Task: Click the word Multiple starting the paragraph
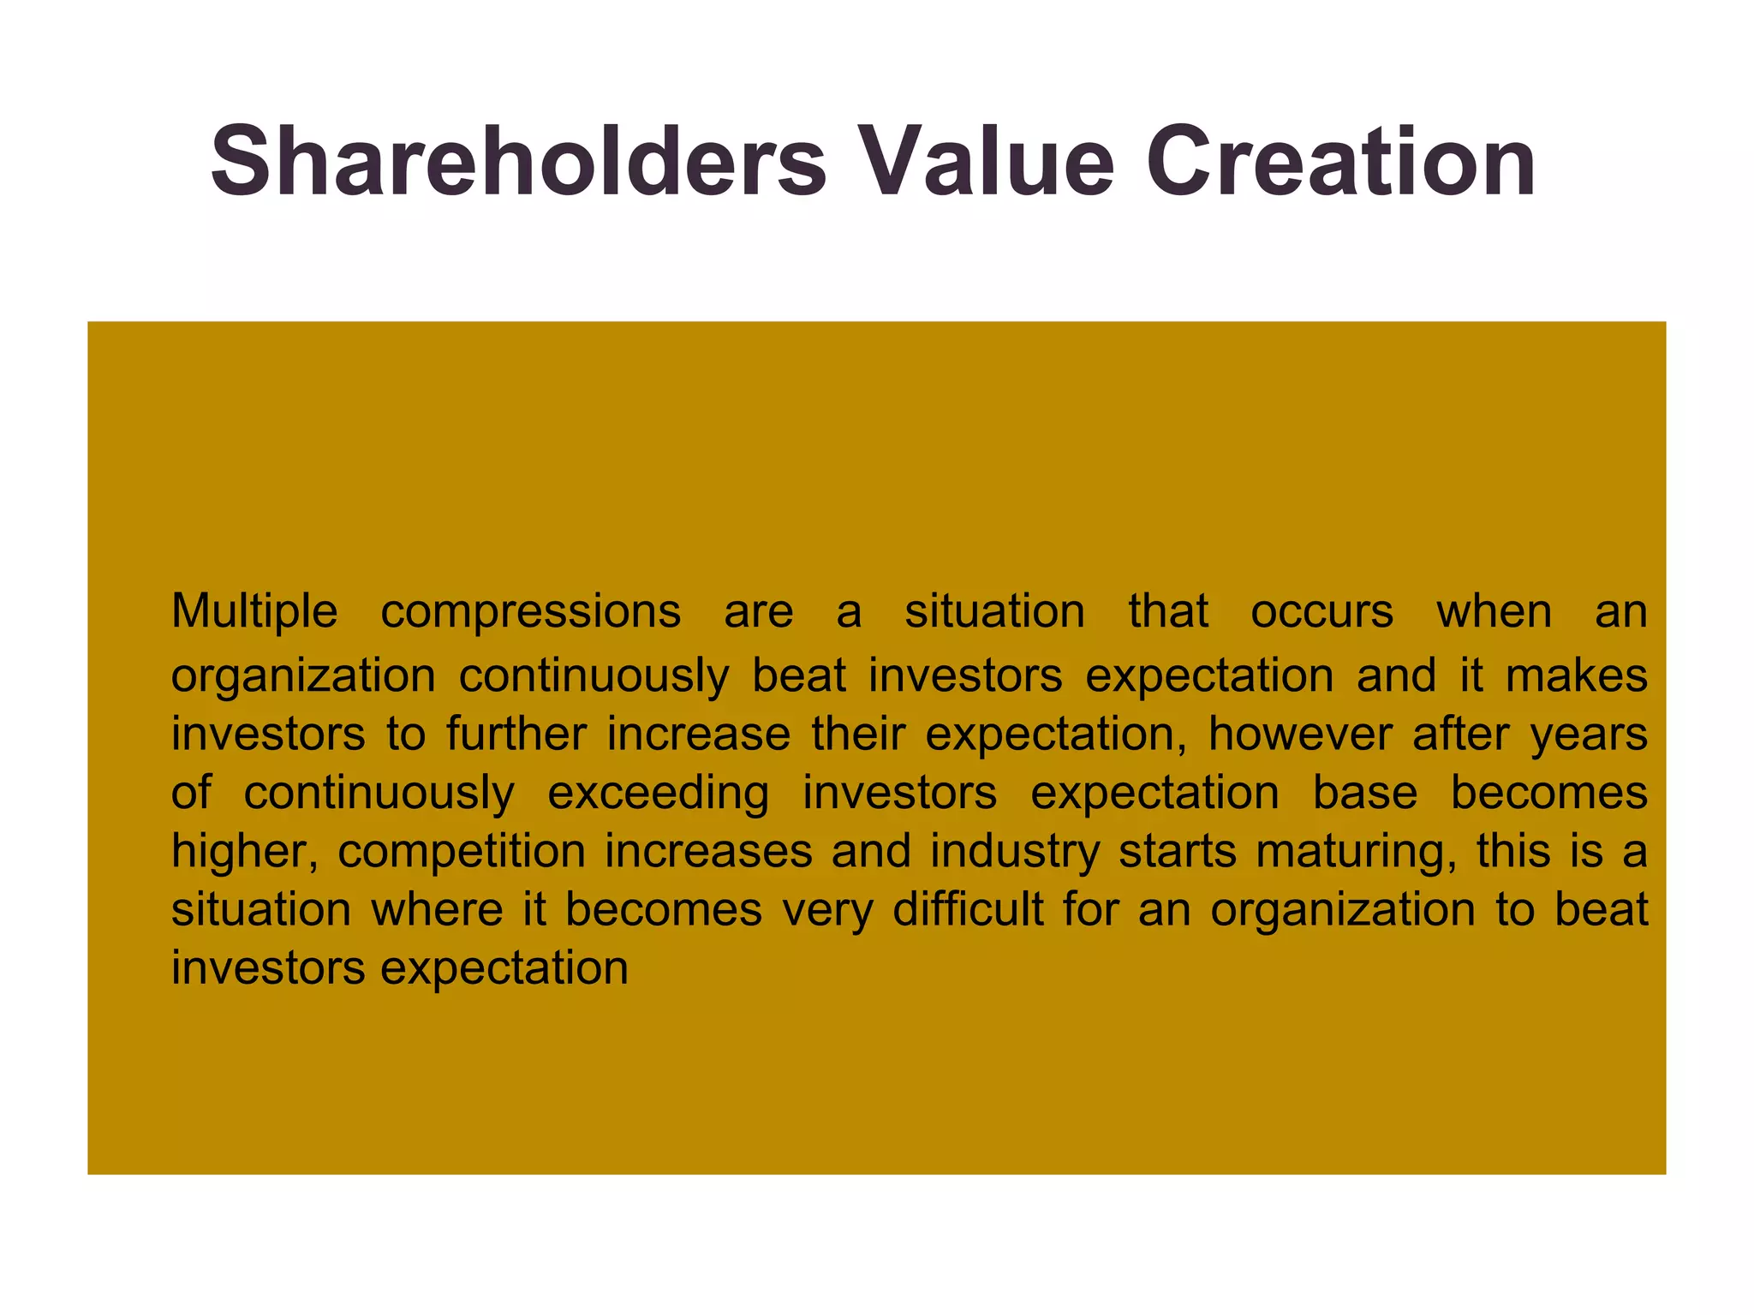254,611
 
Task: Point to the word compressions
530,611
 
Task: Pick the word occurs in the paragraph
1321,611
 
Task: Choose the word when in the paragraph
1494,611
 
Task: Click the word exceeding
658,793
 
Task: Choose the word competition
462,851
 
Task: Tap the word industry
1015,851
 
